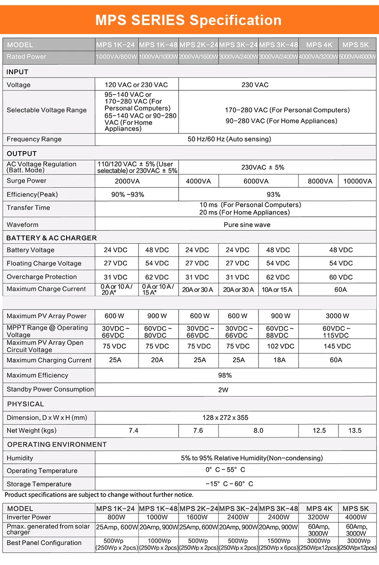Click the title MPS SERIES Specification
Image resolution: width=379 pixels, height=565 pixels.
(189, 20)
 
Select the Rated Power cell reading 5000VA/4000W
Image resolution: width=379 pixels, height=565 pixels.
(358, 57)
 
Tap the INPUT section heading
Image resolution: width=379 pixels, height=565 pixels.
(17, 72)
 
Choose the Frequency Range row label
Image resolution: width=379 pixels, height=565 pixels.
(34, 139)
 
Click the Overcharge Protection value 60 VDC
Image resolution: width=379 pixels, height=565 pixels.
(341, 277)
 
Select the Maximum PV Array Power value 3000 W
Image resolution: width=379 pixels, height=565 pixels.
(337, 316)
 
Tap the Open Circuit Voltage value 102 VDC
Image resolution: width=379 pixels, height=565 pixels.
(279, 346)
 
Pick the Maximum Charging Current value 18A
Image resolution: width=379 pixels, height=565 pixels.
(279, 360)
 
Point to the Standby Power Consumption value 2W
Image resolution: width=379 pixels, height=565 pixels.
(224, 390)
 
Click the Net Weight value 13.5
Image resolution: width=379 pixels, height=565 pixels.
(354, 431)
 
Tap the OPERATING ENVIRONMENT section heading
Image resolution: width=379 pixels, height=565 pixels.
(57, 444)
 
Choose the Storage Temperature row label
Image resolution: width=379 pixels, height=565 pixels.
(39, 484)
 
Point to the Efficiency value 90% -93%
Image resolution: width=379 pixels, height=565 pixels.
(128, 194)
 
